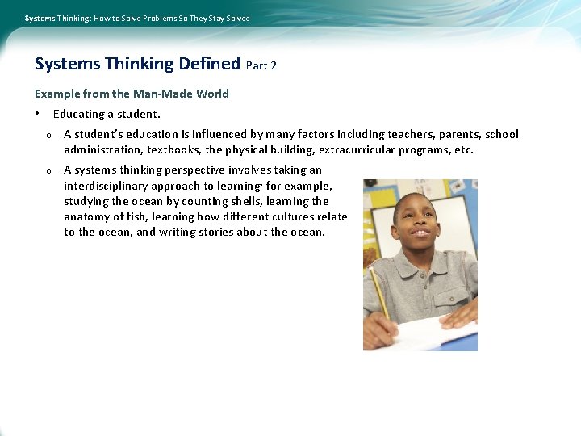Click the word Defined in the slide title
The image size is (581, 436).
click(209, 64)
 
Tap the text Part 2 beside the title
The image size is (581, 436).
click(261, 65)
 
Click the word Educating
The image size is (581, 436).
click(79, 114)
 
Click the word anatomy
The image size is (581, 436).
click(87, 216)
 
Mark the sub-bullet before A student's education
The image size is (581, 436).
click(48, 135)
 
